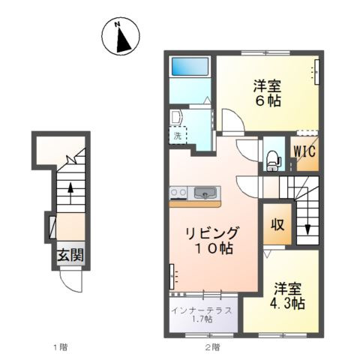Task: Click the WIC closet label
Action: (x=304, y=150)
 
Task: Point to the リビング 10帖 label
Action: (x=213, y=240)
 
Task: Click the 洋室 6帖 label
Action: (x=266, y=92)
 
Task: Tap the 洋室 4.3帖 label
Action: (x=287, y=295)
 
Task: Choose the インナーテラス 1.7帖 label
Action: (x=202, y=314)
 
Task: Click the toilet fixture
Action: (x=273, y=157)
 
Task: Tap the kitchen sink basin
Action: (x=203, y=194)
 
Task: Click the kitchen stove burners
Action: (x=178, y=193)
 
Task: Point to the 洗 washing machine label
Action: (x=178, y=137)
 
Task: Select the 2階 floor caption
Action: (x=212, y=346)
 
